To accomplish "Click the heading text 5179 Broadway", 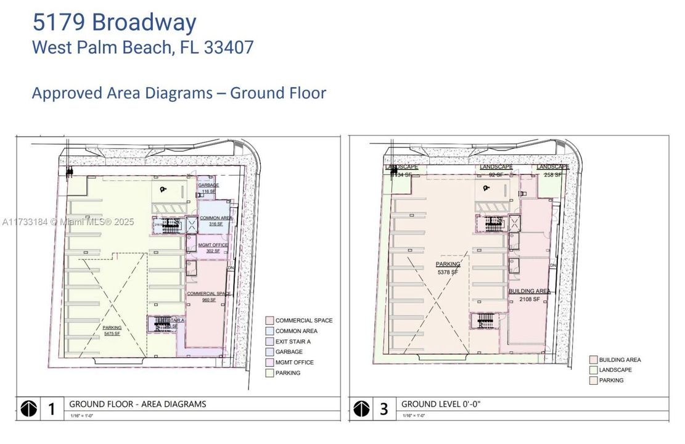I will coord(114,22).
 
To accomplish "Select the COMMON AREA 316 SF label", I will coord(215,221).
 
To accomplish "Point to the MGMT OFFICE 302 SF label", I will coord(213,248).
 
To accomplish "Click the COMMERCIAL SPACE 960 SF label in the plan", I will coord(208,297).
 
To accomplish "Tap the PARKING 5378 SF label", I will coord(448,268).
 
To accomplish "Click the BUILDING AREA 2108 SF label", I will coord(529,295).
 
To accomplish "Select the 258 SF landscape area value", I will coord(552,175).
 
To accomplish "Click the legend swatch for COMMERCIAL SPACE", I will coord(269,321).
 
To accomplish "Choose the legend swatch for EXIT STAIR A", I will coord(269,342).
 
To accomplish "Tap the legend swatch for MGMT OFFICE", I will coord(269,363).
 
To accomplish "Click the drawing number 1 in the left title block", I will coord(52,409).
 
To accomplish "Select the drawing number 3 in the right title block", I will coord(384,409).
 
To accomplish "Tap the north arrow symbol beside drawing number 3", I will coord(362,409).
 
